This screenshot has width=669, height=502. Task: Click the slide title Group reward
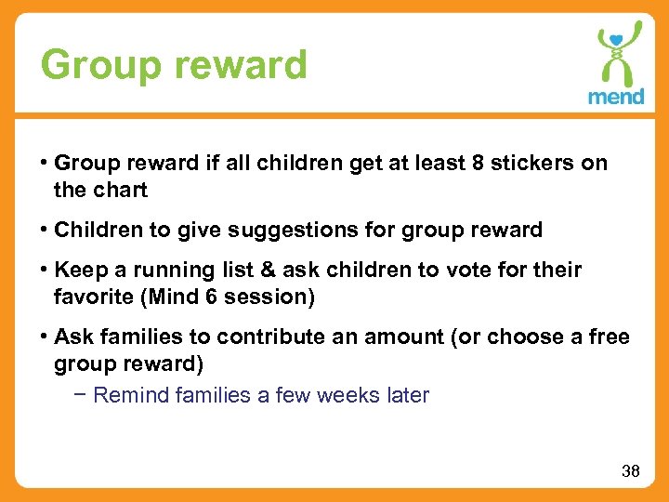coord(174,65)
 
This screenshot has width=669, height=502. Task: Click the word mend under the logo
coord(615,97)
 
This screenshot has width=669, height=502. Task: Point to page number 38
coord(631,471)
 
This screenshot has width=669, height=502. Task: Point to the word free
coord(608,337)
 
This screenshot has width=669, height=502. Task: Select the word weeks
coord(348,396)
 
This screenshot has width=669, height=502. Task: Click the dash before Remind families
coord(82,396)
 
